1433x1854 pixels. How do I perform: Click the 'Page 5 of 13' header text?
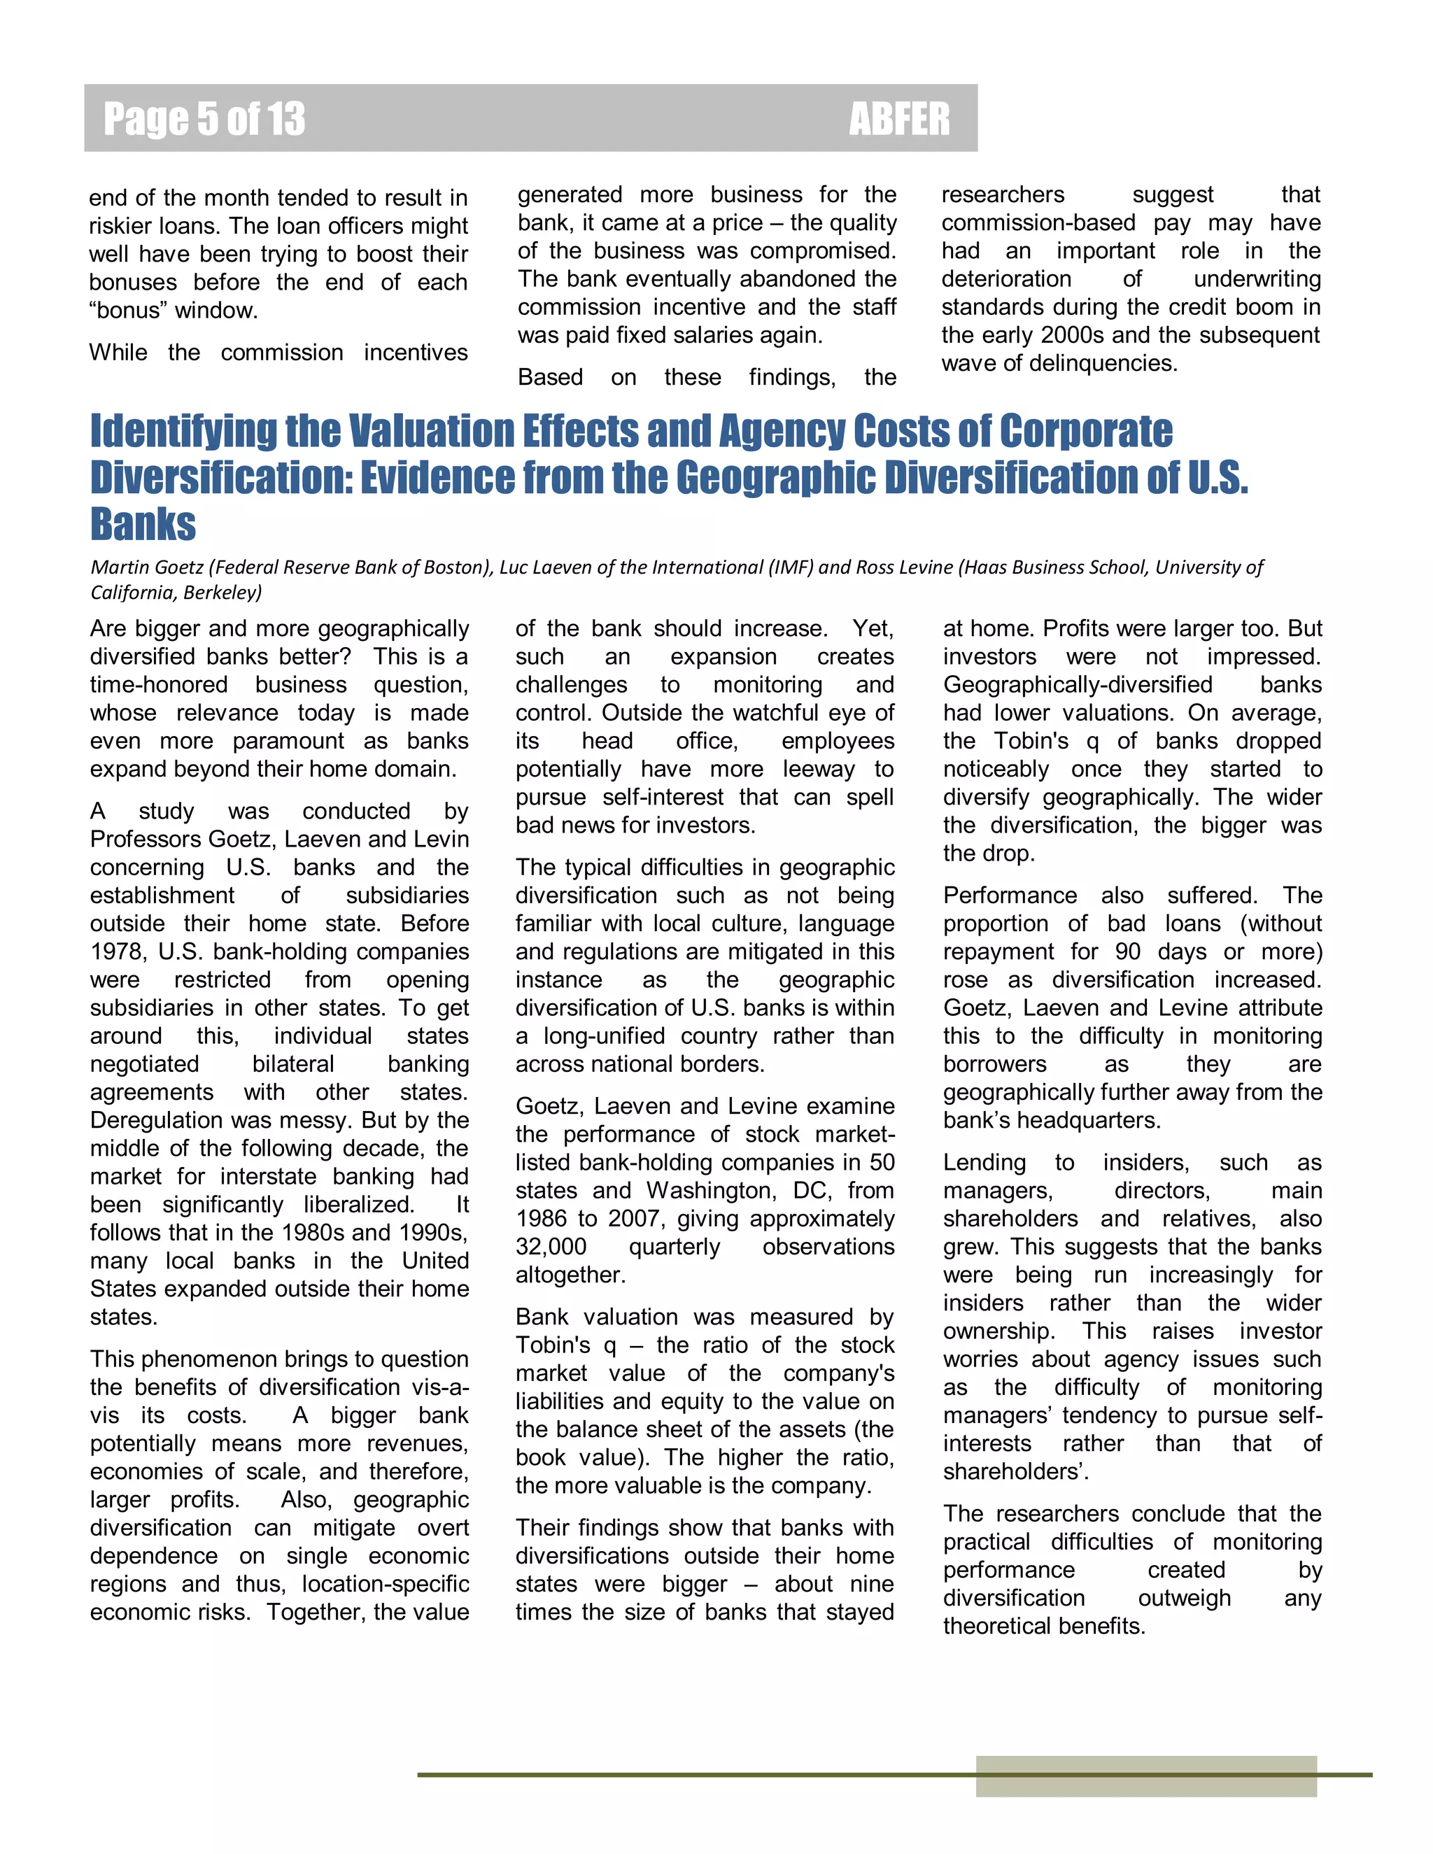[204, 119]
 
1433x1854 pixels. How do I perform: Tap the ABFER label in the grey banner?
[899, 119]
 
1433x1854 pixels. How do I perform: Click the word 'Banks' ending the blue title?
[143, 524]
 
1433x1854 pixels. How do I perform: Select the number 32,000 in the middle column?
[550, 1246]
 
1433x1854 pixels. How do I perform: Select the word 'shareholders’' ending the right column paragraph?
[1015, 1471]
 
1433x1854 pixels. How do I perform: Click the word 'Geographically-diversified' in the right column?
[1078, 684]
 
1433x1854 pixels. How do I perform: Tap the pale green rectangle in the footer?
[1145, 1776]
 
